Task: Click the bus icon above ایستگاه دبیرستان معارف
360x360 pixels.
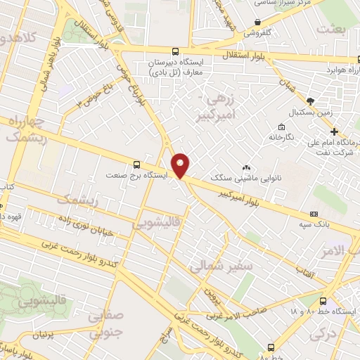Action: [175, 51]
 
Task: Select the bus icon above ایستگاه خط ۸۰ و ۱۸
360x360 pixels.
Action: [323, 300]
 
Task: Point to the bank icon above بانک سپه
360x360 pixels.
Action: [314, 214]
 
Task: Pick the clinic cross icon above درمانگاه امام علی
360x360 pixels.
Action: [335, 131]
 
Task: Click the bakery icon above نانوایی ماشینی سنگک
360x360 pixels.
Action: [246, 167]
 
